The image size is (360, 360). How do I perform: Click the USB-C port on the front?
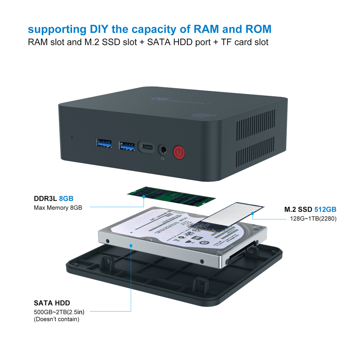point(146,147)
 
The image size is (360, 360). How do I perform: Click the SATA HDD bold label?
point(52,303)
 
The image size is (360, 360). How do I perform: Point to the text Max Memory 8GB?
point(58,208)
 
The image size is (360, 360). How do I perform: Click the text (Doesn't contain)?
point(57,319)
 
